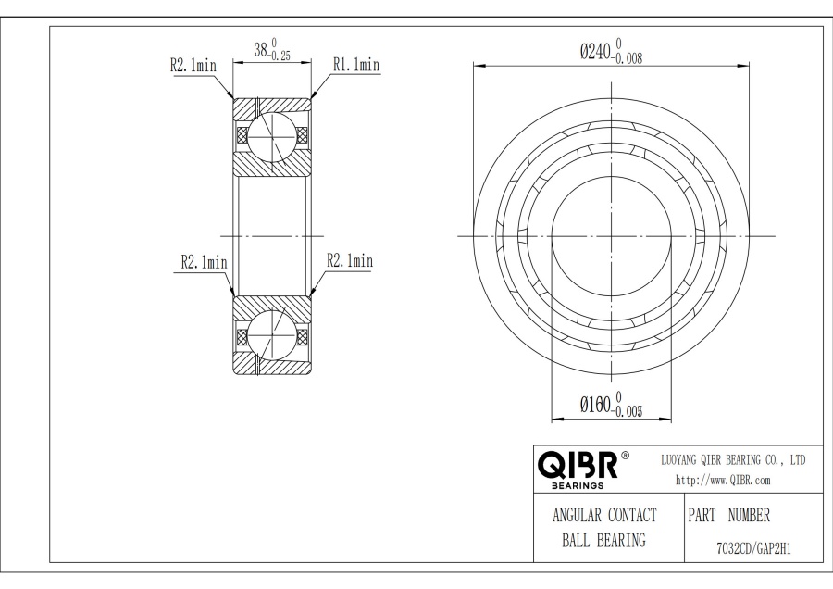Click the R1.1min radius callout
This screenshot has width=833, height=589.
[x=356, y=65]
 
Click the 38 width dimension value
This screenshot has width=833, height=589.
[x=261, y=50]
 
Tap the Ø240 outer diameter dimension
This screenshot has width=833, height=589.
[x=611, y=51]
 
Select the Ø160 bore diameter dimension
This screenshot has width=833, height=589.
[x=612, y=405]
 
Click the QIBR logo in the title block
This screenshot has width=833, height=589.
[x=578, y=465]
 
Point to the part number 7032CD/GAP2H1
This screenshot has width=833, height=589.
[x=753, y=548]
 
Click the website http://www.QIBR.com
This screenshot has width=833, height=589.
[x=723, y=480]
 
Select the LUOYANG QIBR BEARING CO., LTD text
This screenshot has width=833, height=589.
[x=733, y=460]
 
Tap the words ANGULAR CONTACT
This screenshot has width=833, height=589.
[x=604, y=515]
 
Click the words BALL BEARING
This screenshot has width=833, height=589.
[x=604, y=540]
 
